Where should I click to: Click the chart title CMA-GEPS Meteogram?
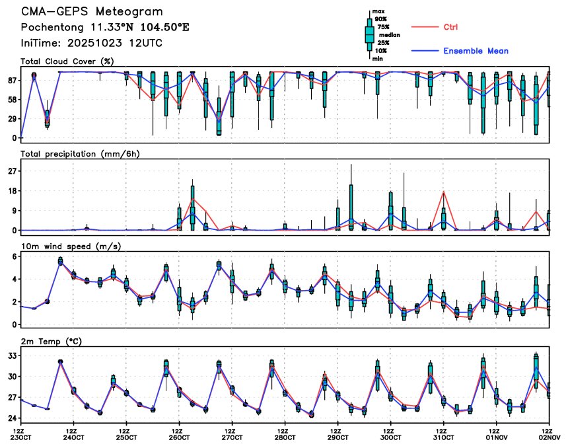(92, 12)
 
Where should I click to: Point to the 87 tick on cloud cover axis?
(13, 80)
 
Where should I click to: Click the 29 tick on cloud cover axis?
(13, 119)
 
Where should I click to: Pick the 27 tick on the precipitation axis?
(13, 171)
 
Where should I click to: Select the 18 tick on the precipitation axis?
(13, 191)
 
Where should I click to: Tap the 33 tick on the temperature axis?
(13, 355)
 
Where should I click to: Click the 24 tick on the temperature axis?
(13, 418)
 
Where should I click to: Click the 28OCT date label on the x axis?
(285, 437)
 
